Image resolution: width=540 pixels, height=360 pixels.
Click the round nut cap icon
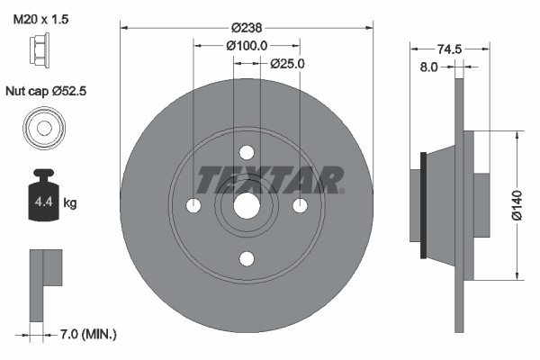[42, 129]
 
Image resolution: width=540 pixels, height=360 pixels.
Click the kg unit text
[70, 203]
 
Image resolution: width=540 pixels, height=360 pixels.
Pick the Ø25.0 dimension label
[288, 64]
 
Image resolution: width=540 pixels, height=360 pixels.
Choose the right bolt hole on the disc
[301, 206]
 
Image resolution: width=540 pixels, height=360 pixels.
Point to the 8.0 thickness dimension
[428, 67]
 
